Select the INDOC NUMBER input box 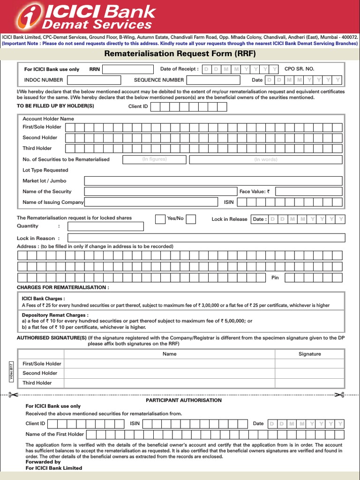click(x=94, y=80)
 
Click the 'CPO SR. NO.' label click(x=299, y=69)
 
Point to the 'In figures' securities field click(x=154, y=159)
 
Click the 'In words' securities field click(x=265, y=159)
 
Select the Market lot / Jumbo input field click(x=214, y=181)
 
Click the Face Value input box click(x=309, y=191)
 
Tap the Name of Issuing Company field click(x=151, y=202)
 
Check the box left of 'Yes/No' click(x=160, y=219)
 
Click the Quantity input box click(x=105, y=226)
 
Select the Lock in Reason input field click(x=206, y=238)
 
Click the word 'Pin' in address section click(x=275, y=277)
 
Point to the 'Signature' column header click(x=309, y=354)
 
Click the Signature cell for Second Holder click(x=309, y=373)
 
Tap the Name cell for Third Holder click(x=169, y=383)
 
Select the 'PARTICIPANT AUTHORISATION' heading click(x=184, y=400)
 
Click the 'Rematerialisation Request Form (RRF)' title click(x=180, y=53)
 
